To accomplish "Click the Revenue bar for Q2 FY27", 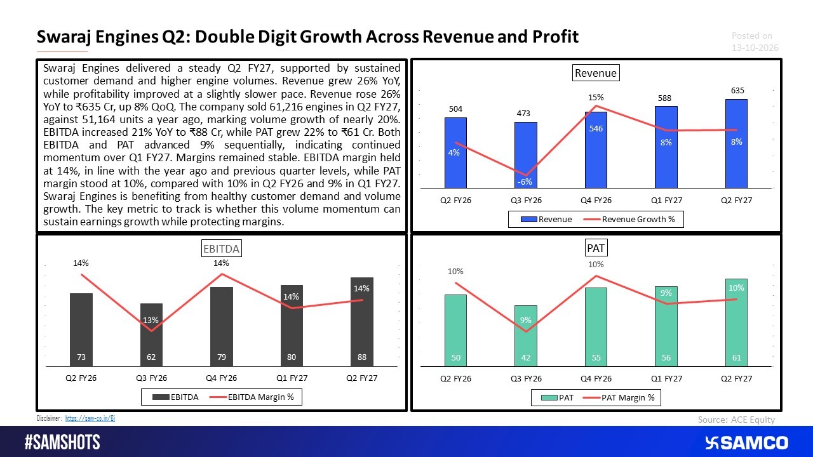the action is (x=736, y=143).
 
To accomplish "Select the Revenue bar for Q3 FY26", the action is (x=525, y=156).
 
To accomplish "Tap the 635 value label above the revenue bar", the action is (x=737, y=91).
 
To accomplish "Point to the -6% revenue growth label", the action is (x=525, y=182).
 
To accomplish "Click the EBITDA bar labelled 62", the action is (x=151, y=334).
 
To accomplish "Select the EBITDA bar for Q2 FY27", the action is (x=362, y=322).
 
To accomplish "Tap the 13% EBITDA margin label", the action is (x=151, y=321).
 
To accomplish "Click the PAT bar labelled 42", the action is (x=525, y=336).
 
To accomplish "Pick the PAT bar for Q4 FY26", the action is (x=596, y=327).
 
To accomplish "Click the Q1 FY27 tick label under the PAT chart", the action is (x=666, y=379).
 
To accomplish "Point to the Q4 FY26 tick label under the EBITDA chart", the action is (x=222, y=378).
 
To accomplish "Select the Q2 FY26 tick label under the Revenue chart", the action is (x=455, y=200).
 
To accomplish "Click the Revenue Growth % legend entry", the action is (x=629, y=220).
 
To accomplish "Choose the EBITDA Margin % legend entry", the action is (x=252, y=397).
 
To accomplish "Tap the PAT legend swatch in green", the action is (x=549, y=398).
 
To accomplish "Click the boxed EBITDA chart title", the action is (x=222, y=249).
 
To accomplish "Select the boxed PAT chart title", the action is (x=596, y=248).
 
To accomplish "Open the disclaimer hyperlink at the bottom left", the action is (x=90, y=418).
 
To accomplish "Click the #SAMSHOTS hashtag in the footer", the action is (x=62, y=442).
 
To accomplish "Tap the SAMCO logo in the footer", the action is (x=746, y=443).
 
